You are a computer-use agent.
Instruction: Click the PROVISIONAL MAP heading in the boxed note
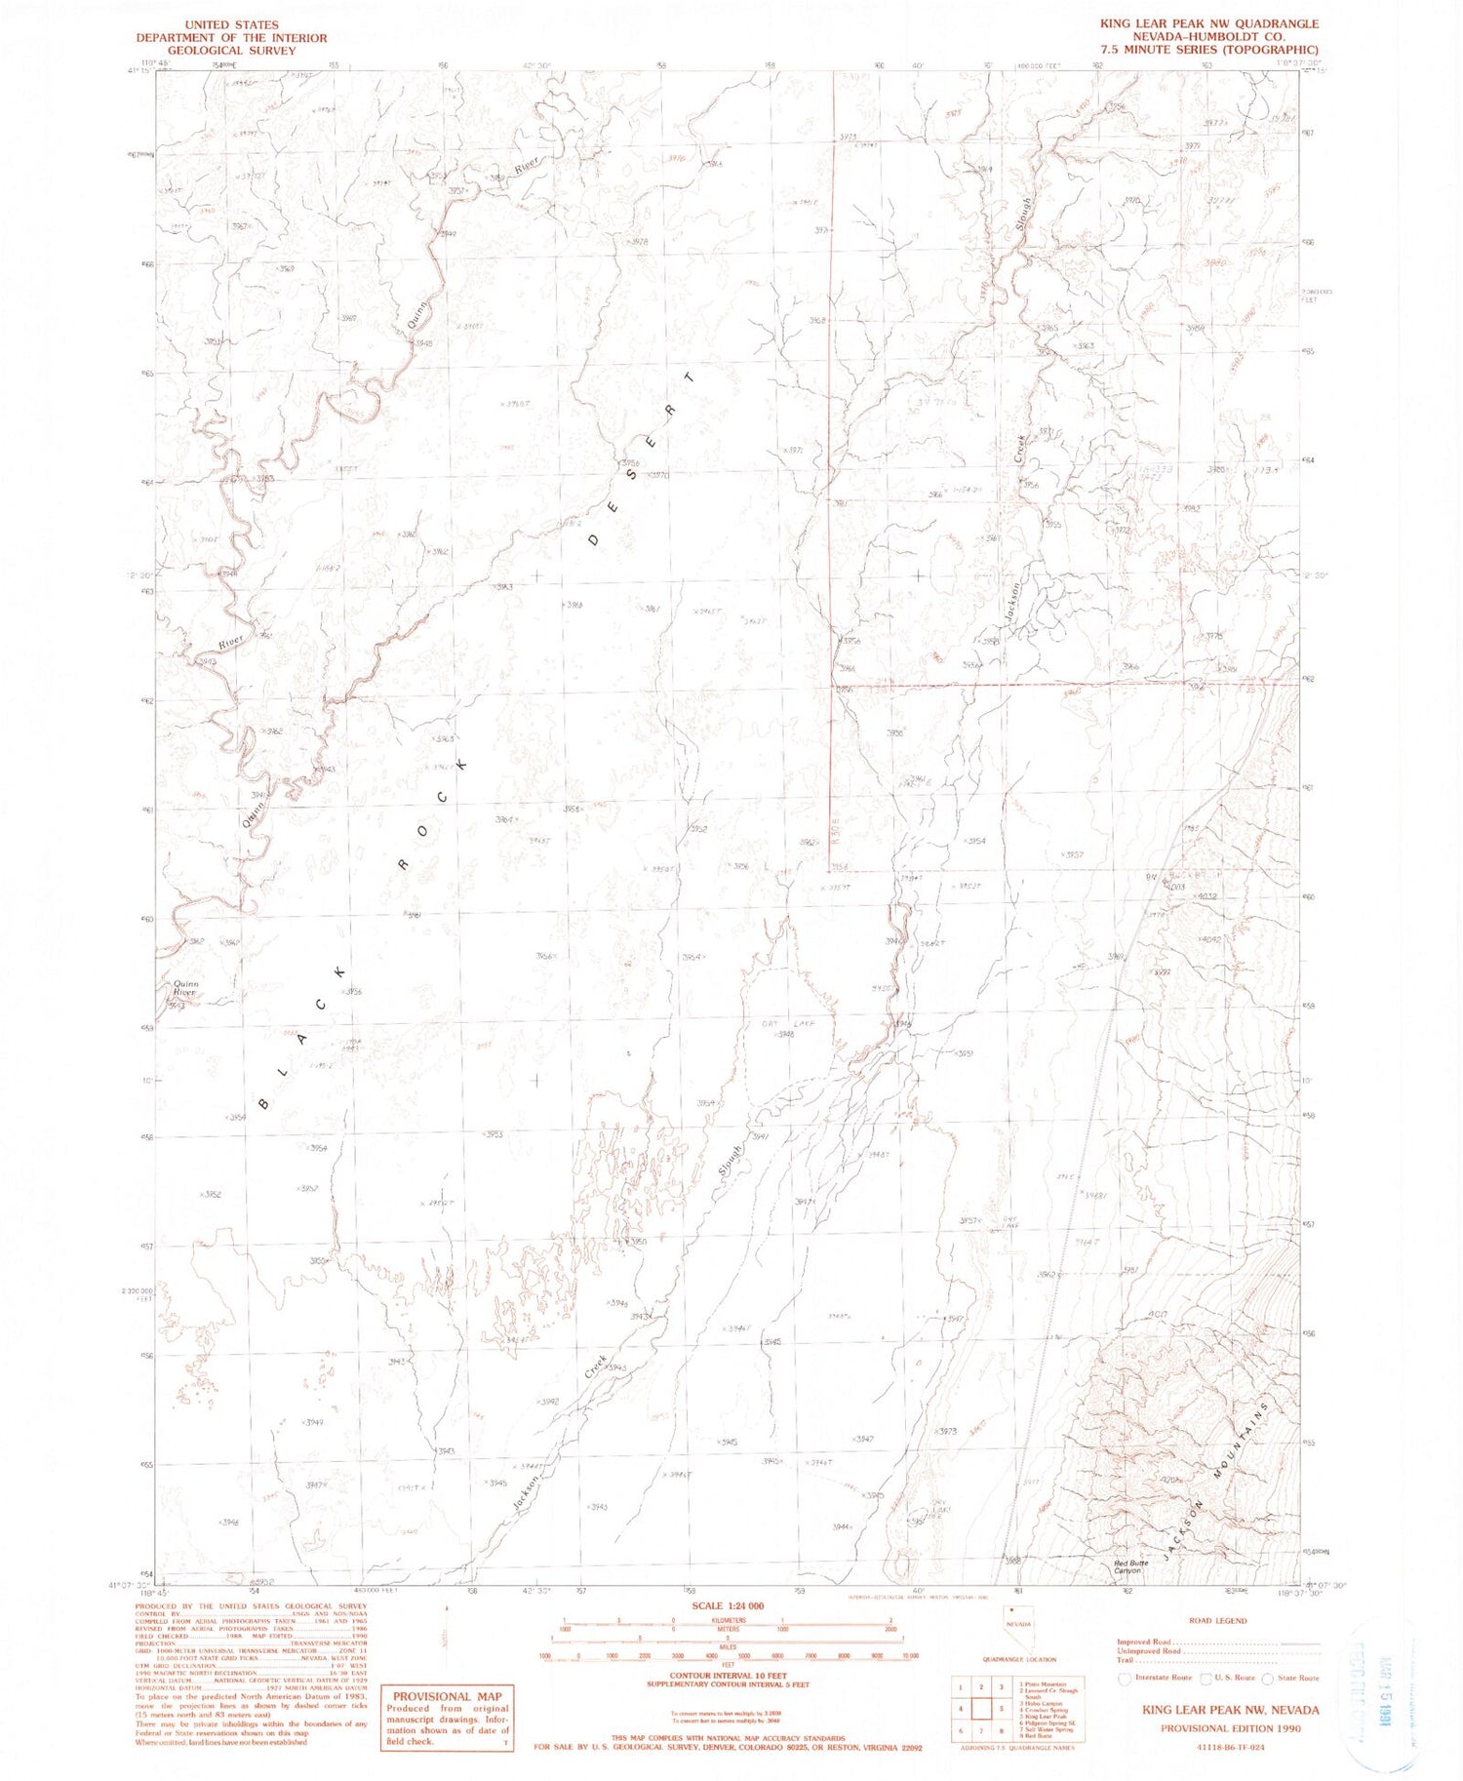(x=446, y=1696)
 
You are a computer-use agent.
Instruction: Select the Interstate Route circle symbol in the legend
(x=1125, y=1679)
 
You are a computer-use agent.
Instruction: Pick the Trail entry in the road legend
(x=1127, y=1660)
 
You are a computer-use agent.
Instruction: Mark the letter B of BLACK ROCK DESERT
(x=264, y=1102)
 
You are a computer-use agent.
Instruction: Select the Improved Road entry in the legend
(x=1145, y=1642)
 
